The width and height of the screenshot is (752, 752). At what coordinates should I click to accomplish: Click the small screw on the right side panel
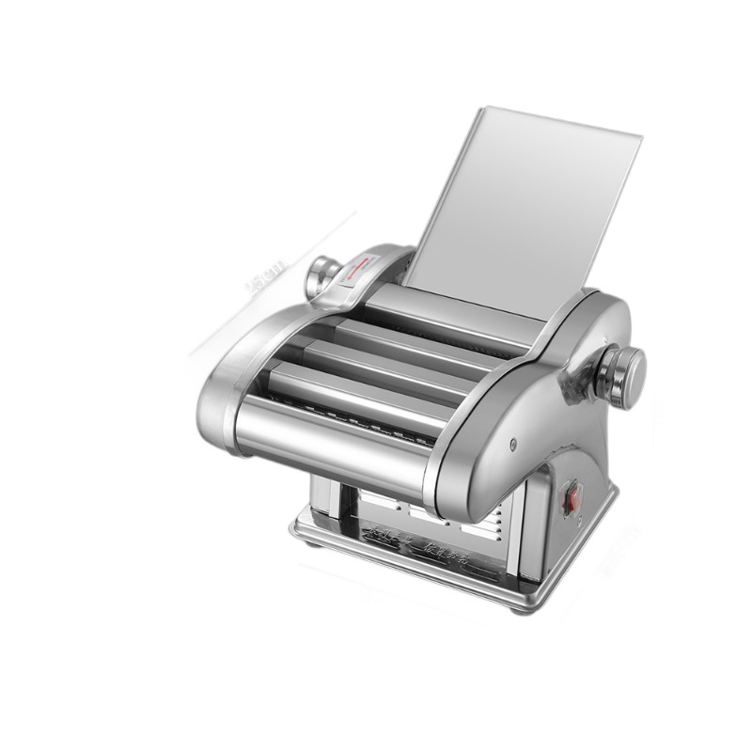coord(513,445)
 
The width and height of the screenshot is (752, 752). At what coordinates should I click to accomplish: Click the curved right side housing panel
coord(555,414)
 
